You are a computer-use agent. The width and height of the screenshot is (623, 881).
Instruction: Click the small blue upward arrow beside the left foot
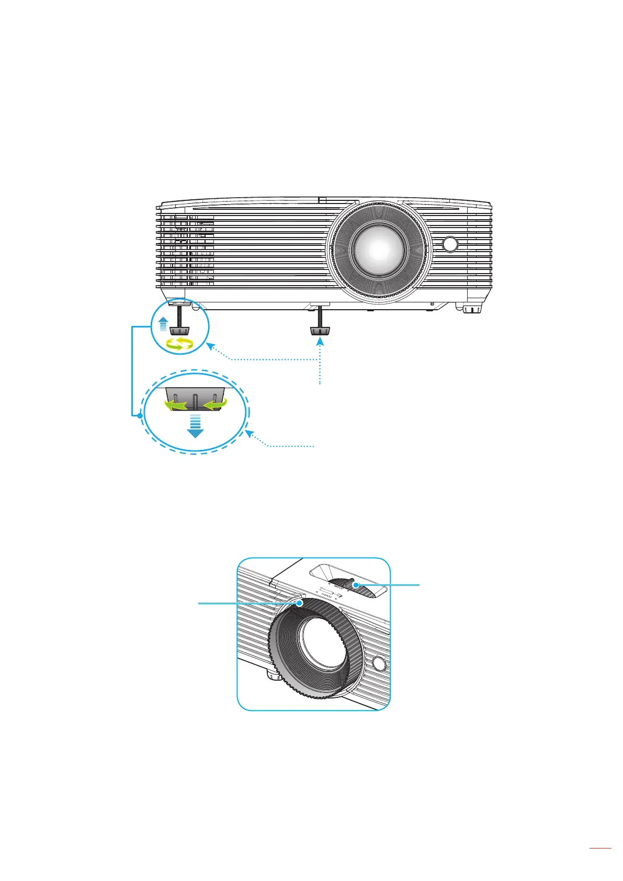coord(163,324)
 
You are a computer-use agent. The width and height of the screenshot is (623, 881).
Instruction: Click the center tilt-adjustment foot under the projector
coord(320,330)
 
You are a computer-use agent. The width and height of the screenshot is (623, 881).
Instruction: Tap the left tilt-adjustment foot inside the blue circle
coord(179,330)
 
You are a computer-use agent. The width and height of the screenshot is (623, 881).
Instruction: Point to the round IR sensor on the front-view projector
coord(449,244)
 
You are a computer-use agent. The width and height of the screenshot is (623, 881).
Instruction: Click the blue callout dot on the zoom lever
coord(356,585)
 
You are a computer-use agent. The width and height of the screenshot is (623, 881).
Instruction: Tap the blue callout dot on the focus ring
coord(300,603)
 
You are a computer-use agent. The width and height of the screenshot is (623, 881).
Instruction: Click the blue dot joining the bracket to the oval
coord(140,416)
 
